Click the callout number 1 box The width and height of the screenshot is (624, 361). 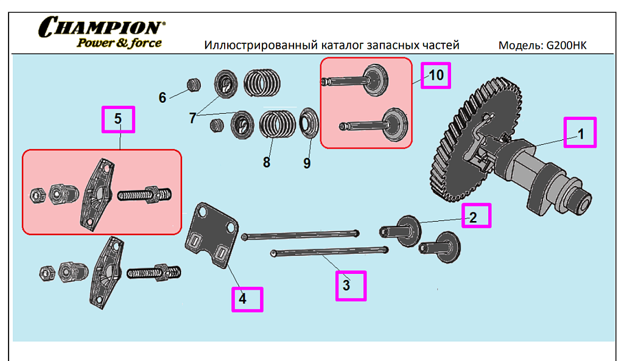coord(580,132)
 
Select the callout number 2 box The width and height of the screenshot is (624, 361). coord(476,216)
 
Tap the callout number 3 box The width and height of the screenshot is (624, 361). coord(351,286)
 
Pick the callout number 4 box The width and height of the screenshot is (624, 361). coord(247,299)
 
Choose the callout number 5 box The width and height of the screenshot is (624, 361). coord(118,119)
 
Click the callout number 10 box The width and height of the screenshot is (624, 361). coord(436,75)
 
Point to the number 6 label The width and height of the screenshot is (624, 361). coord(163,97)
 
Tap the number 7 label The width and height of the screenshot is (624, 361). coord(193,118)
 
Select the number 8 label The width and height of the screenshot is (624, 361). coord(267,163)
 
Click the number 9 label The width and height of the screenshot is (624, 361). coord(307,163)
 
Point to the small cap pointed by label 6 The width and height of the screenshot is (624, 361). coord(193,84)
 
